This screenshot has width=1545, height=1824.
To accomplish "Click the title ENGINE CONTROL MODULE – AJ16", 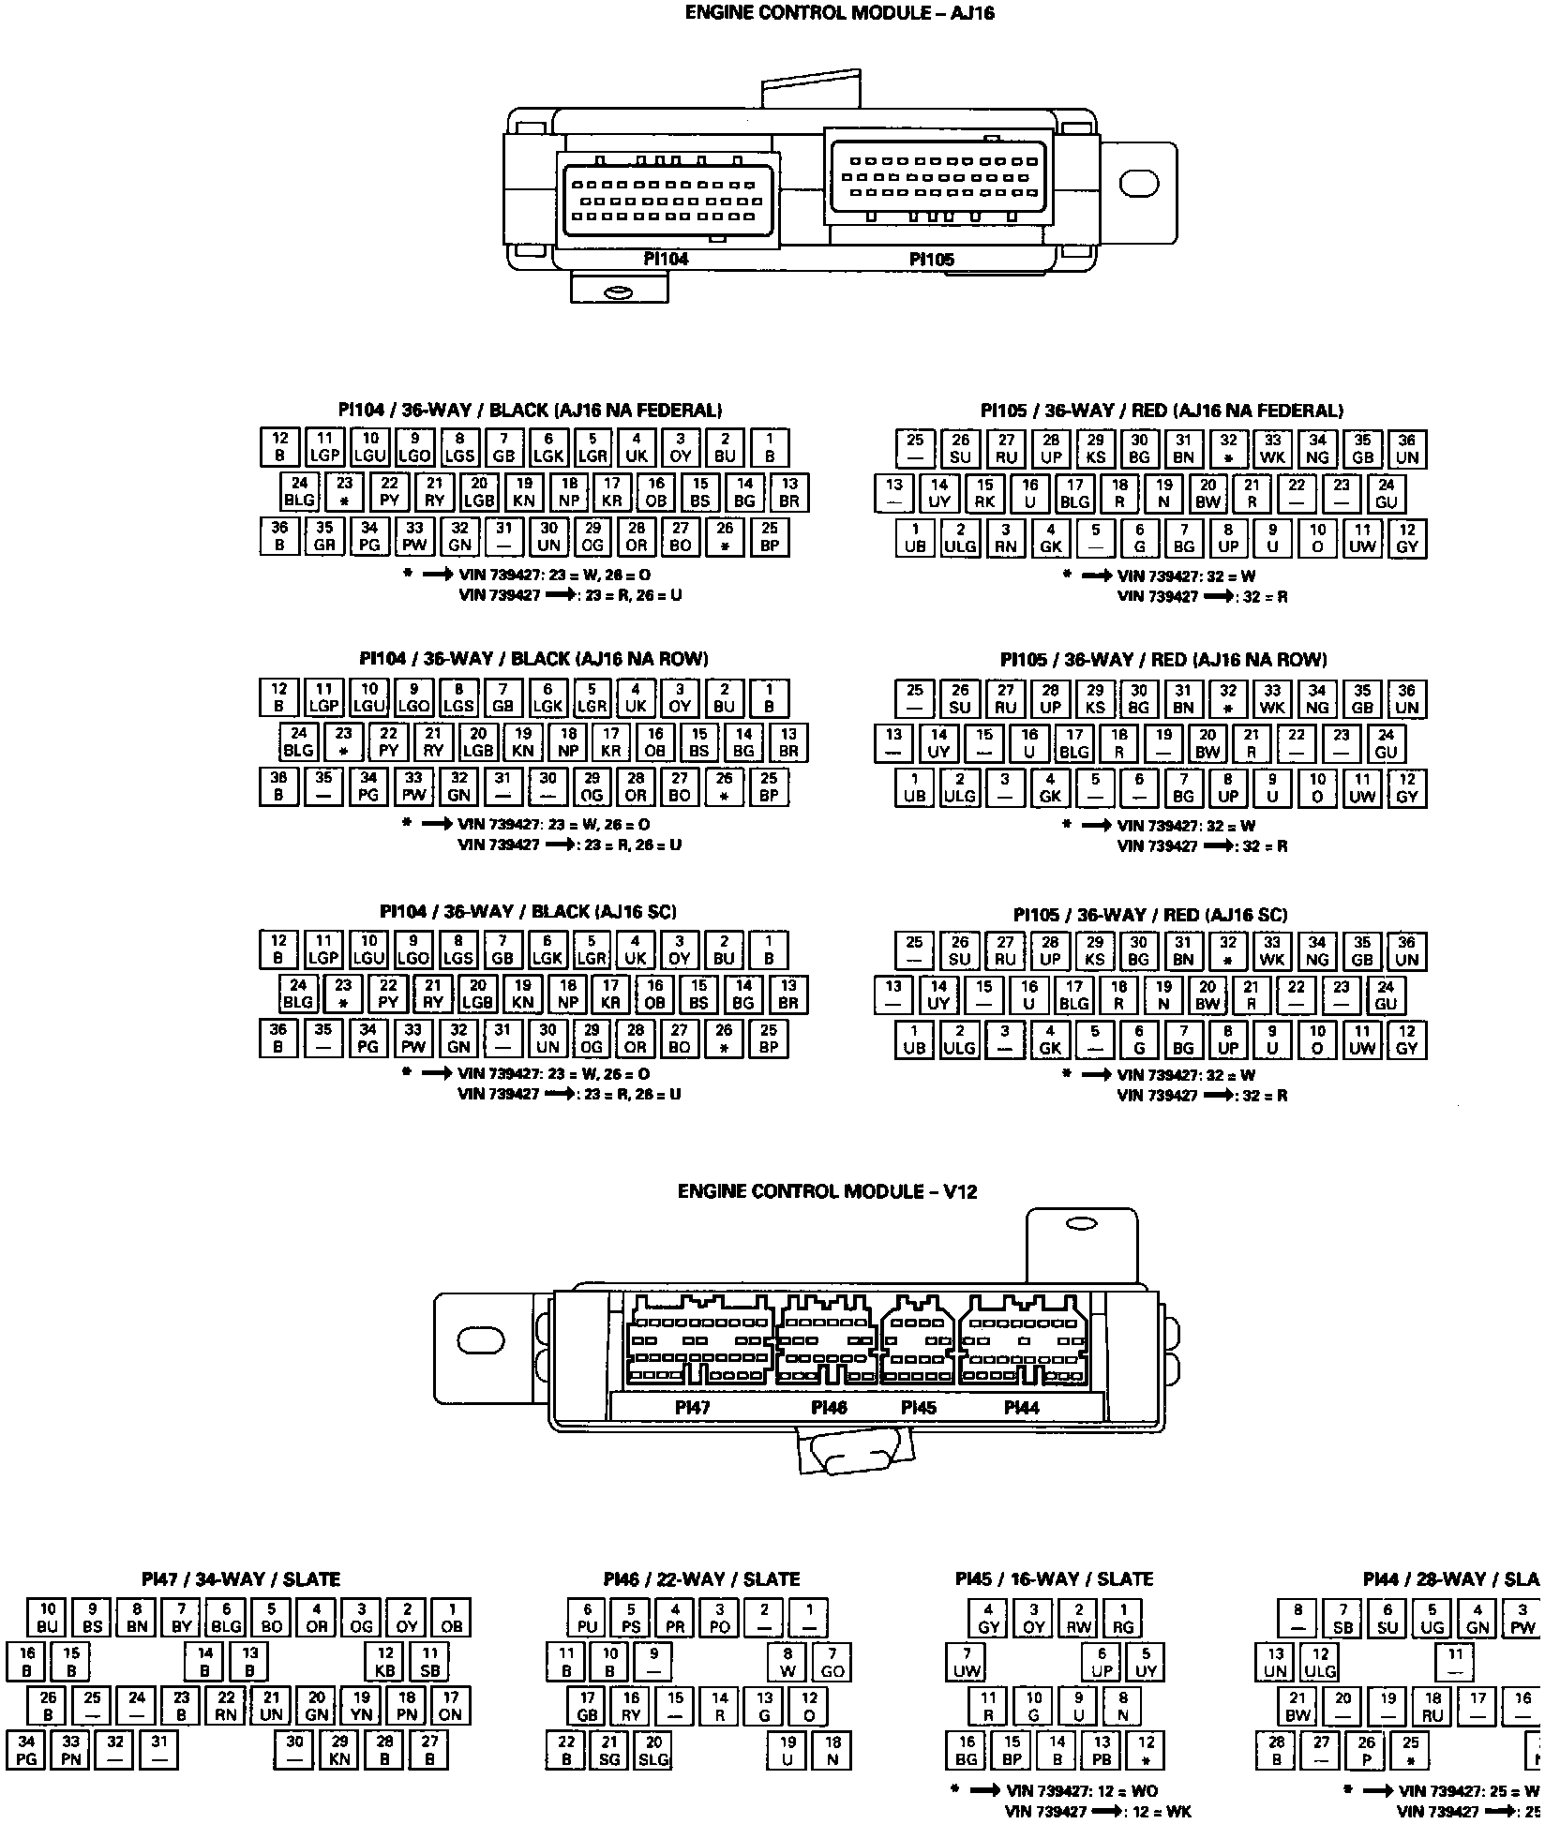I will (839, 13).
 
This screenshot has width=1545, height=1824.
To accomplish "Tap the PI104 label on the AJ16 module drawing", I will (666, 259).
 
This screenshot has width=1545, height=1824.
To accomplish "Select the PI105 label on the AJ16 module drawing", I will (932, 260).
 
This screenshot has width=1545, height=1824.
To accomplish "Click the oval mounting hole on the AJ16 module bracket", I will (1139, 184).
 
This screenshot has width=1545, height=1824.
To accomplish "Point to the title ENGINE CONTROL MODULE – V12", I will (827, 1191).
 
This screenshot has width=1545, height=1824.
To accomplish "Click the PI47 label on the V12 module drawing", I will (693, 1407).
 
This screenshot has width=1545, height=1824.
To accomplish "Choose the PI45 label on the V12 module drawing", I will (918, 1407).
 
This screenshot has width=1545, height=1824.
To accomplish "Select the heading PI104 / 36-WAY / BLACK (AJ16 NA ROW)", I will (533, 659).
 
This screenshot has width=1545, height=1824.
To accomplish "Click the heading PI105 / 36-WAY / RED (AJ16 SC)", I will (1150, 915).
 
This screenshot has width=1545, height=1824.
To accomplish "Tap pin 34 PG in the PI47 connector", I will (26, 1750).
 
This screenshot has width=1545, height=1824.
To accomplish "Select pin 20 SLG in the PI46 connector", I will (653, 1750).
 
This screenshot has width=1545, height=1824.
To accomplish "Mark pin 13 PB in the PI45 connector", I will (1102, 1750).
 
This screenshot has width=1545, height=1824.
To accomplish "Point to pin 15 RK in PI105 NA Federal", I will (984, 493).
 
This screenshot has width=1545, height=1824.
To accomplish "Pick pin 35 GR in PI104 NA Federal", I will (324, 536).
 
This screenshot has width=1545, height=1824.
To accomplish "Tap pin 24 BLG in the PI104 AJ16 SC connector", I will (298, 994).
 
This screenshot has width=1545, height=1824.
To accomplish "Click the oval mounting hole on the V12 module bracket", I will (481, 1341).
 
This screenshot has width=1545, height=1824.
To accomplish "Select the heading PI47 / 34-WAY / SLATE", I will (241, 1579).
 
